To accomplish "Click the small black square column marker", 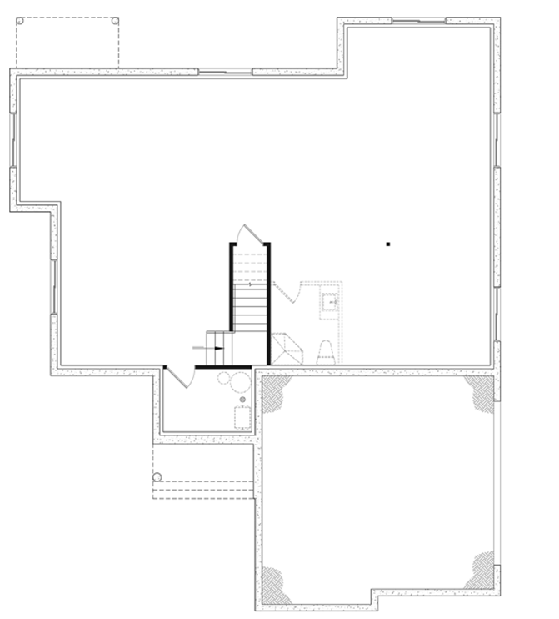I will coord(387,244).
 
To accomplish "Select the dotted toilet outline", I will coord(325,352).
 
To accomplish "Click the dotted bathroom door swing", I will coord(285,293).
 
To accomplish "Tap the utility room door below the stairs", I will coord(181,377).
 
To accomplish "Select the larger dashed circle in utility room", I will coord(240,384).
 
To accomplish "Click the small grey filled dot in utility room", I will coord(242,400).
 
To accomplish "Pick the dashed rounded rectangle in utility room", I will coord(242,417).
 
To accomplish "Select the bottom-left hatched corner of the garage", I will coord(276,586).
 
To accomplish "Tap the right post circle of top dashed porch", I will coord(115,21).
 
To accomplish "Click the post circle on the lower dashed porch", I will coord(157,477).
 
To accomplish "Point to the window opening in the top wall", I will coord(225,73).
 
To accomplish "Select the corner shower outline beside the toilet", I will coord(287,348).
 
